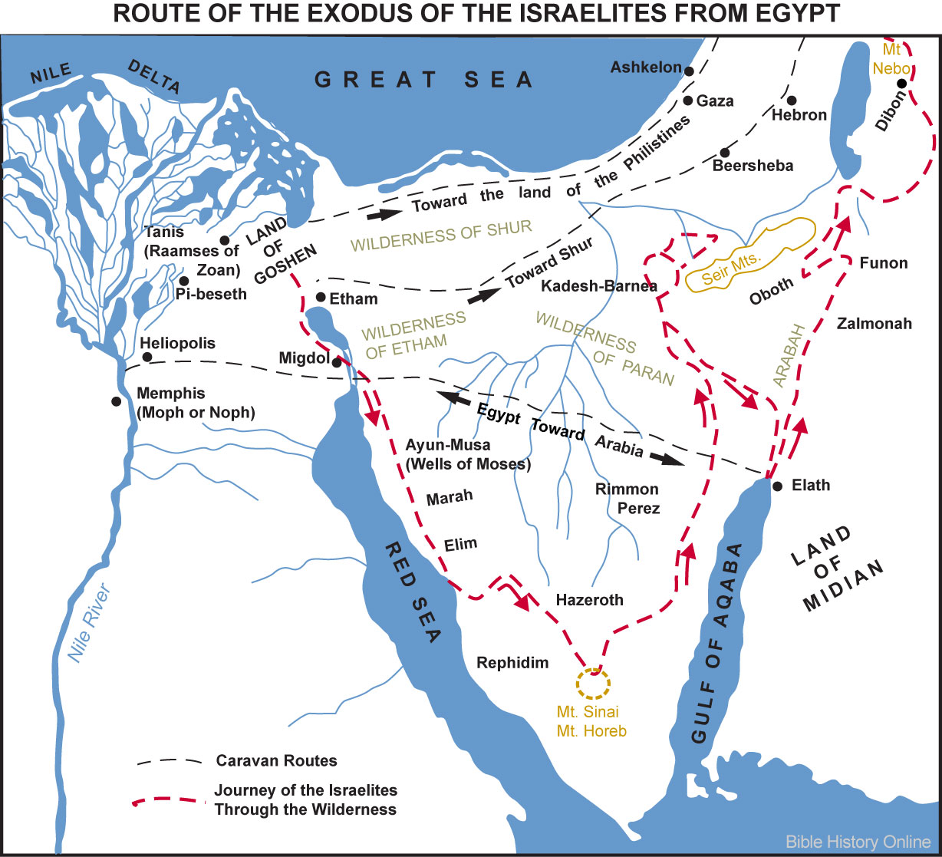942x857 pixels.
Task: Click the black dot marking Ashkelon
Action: [690, 71]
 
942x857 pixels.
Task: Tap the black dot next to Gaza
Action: [688, 101]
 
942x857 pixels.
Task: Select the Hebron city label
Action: [799, 115]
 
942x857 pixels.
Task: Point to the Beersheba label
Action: [753, 166]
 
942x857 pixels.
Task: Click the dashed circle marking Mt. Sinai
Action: [592, 681]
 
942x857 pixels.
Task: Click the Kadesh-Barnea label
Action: [599, 286]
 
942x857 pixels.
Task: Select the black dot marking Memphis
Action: [116, 400]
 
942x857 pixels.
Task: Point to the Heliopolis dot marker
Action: [147, 358]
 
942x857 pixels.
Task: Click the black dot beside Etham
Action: [321, 298]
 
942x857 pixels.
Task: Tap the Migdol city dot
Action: [336, 363]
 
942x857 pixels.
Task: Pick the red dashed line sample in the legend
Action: [169, 800]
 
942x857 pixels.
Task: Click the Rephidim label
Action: [512, 663]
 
